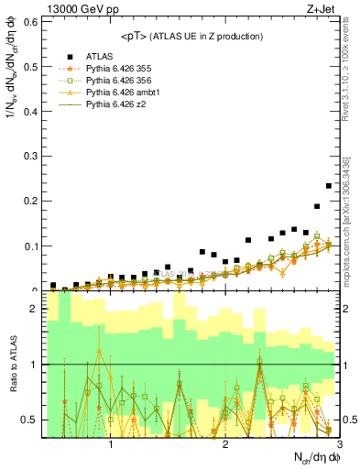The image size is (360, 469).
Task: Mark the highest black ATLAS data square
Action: click(x=329, y=186)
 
